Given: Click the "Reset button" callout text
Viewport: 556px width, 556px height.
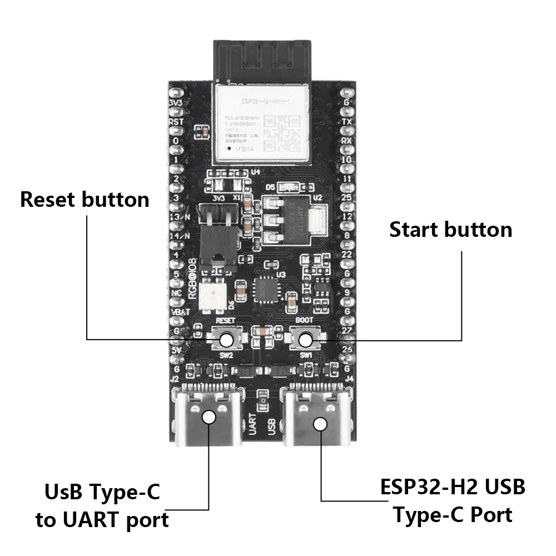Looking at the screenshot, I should [x=85, y=200].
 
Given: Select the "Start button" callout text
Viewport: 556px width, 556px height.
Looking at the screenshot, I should [x=450, y=230].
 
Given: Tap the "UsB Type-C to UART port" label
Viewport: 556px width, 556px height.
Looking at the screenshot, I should [x=102, y=506].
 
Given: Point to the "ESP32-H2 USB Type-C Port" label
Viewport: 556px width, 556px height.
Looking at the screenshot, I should [x=453, y=501].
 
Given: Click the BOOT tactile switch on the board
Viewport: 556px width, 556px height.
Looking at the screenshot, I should [x=304, y=339].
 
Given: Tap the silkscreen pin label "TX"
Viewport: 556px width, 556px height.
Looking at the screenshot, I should [x=347, y=121].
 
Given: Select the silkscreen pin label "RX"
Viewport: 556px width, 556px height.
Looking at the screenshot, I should [x=347, y=141].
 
